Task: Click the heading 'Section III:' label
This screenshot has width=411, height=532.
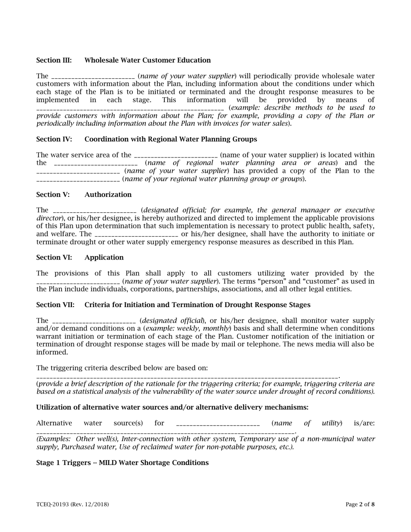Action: tap(54, 60)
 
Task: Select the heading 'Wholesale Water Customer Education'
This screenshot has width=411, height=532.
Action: tap(148, 60)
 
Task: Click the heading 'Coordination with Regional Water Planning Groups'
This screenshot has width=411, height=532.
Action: tap(170, 139)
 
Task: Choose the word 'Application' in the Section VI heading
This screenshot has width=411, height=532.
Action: tap(104, 257)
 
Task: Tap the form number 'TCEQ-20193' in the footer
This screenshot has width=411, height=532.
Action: tap(55, 504)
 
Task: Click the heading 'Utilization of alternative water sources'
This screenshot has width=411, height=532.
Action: tap(172, 407)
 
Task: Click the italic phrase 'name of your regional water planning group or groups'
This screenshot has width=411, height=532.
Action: tap(214, 179)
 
